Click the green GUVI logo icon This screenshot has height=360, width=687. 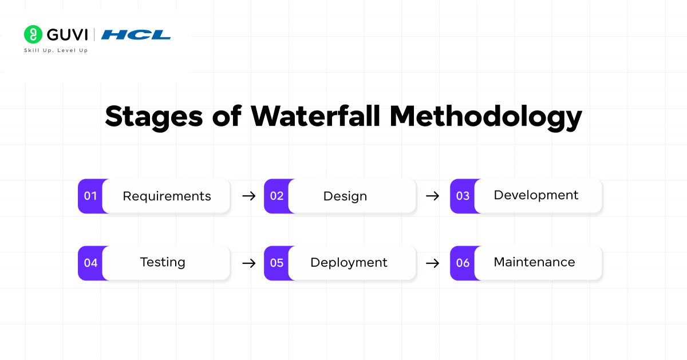tap(33, 34)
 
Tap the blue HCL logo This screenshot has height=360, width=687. tap(136, 35)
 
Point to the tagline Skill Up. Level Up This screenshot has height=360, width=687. tap(56, 50)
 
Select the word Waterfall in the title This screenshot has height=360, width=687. tap(316, 116)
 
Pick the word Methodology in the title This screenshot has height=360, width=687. tap(486, 117)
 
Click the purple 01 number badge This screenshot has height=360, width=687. tap(90, 196)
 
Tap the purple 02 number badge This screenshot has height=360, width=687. tap(277, 196)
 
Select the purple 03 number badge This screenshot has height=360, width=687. tap(463, 196)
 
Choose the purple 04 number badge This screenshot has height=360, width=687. tap(90, 263)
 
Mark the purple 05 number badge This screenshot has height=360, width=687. tap(277, 263)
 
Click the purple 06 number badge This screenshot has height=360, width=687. tap(463, 263)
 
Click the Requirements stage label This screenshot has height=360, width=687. tap(167, 196)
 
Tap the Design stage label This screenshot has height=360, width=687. tap(345, 196)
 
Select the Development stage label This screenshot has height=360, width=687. tap(536, 195)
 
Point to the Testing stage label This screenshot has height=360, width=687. tap(163, 262)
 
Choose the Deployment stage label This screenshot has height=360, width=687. tap(349, 263)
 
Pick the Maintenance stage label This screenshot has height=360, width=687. tap(534, 262)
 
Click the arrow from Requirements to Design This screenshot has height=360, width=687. tap(248, 196)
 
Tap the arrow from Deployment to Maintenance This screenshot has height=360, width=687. tap(433, 263)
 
